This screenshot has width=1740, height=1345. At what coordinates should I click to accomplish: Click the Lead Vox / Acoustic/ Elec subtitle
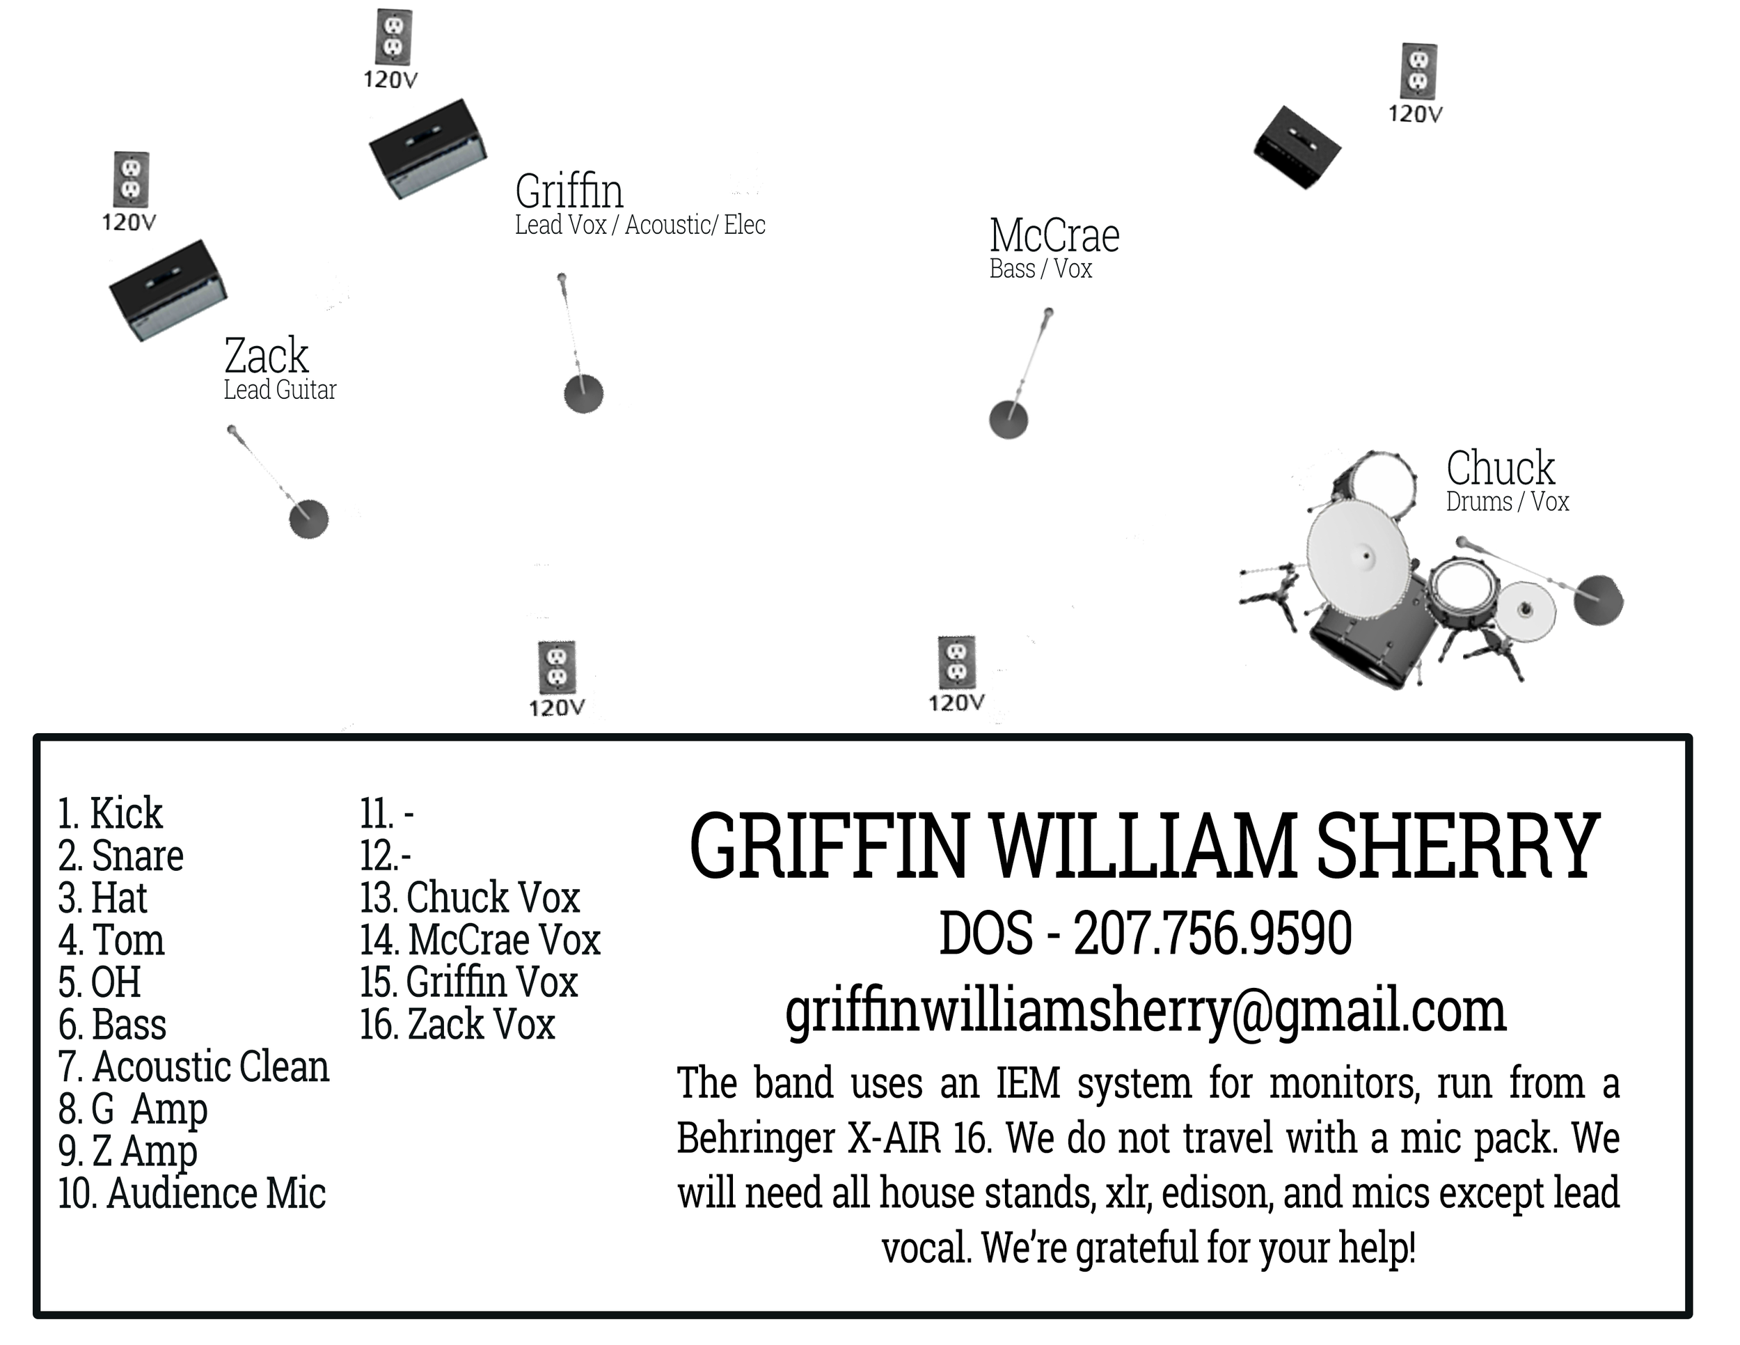640,226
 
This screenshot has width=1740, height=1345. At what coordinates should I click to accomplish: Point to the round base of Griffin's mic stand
583,393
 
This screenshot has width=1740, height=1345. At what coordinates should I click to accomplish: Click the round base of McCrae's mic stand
1008,420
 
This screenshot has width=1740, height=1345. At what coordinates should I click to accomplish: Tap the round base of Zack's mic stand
308,519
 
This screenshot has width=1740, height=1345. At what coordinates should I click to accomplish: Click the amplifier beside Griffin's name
428,148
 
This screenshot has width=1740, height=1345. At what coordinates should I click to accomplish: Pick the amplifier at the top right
1297,148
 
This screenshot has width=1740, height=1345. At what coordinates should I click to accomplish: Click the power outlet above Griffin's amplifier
393,38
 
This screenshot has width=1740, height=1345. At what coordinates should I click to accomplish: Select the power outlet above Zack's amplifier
130,180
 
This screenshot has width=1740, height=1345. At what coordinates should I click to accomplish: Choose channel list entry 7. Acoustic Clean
193,1067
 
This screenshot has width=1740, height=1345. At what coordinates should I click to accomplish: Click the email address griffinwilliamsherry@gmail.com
1145,1011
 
